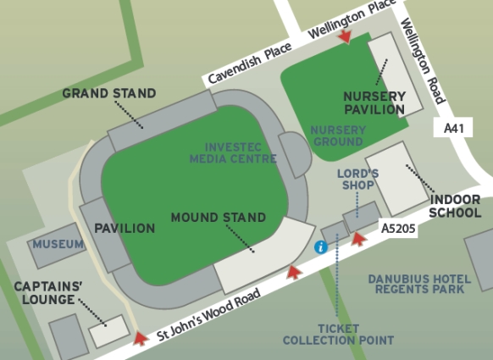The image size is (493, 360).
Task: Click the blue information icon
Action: point(320,247)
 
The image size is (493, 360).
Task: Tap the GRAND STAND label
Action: point(109,93)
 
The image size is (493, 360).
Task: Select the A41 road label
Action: point(455,129)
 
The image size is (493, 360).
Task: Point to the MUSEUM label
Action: point(58,245)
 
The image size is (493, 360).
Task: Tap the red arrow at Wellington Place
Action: point(344,36)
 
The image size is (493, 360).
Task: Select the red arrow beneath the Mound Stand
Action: point(294,272)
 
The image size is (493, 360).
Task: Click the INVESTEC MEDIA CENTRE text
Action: point(233,152)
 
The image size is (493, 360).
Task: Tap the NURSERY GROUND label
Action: point(338,136)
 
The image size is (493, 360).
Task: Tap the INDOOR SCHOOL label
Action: point(455,207)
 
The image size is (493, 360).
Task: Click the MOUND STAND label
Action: point(219,218)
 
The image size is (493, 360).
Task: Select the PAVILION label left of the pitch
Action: point(125,228)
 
